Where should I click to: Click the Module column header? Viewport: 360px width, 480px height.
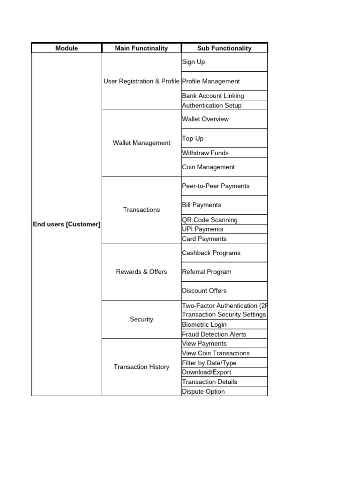67,48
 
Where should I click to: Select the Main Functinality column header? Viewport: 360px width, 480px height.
142,48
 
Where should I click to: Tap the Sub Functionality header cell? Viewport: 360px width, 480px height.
224,48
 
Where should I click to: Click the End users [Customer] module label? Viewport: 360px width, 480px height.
67,225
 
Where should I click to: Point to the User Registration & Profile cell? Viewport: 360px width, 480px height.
142,81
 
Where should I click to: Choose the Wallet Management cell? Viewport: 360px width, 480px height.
142,143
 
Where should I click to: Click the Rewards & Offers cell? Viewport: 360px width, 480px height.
142,272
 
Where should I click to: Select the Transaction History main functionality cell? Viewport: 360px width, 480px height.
142,367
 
